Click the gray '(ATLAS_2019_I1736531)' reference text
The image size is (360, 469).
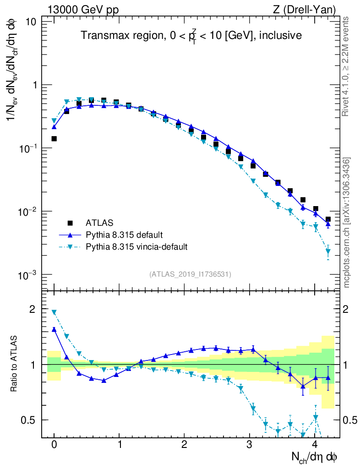point(190,274)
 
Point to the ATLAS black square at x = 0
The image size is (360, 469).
point(54,138)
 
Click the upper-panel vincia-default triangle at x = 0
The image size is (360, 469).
point(54,121)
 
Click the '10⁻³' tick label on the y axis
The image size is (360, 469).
point(27,275)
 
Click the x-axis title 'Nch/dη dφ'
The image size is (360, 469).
point(315,457)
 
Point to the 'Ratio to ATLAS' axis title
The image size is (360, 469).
point(15,364)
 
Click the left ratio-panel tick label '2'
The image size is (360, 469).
point(32,309)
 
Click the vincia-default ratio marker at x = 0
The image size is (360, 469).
point(54,312)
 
